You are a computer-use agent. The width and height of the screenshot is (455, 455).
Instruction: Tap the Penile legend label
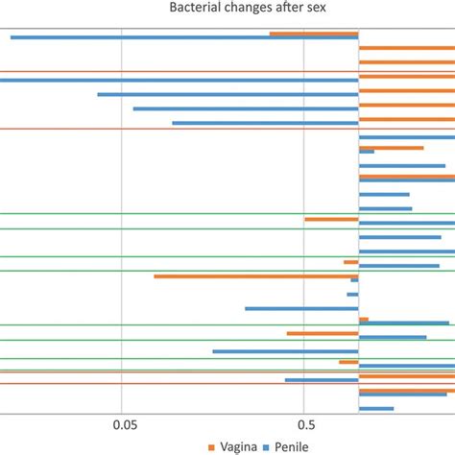point(295,447)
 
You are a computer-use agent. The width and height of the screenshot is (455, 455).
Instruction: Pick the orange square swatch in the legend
point(214,447)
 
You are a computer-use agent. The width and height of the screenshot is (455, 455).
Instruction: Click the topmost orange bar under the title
point(314,34)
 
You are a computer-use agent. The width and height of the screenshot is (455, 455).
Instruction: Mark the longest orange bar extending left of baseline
point(255,276)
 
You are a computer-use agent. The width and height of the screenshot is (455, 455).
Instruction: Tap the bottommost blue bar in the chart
point(376,409)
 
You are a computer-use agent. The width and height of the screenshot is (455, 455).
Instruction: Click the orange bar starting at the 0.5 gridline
point(331,219)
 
